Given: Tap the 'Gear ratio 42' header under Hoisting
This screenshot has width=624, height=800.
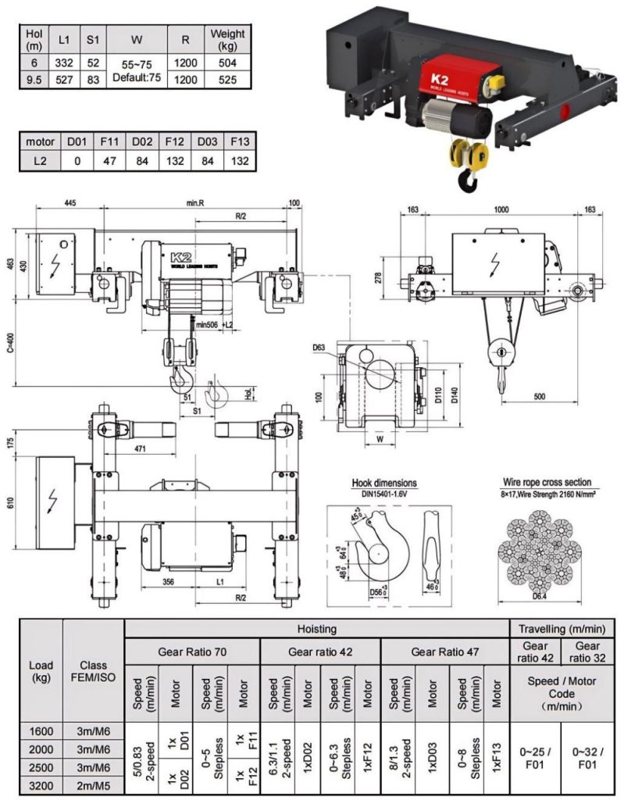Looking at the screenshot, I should pyautogui.click(x=319, y=650).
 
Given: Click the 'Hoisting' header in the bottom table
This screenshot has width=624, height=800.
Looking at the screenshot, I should pyautogui.click(x=316, y=627).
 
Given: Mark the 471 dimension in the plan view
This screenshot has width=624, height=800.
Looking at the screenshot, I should pyautogui.click(x=139, y=449).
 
